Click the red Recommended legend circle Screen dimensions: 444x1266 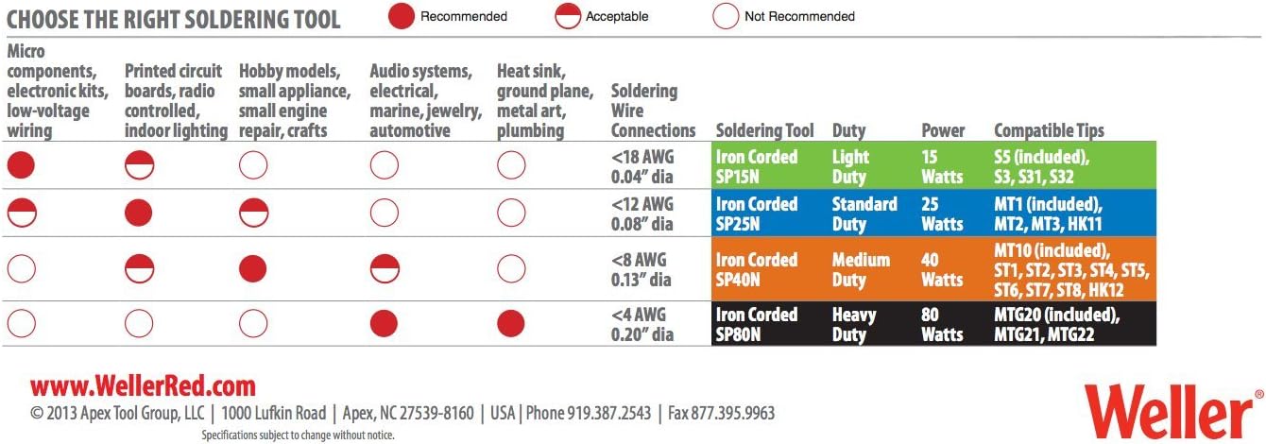point(402,16)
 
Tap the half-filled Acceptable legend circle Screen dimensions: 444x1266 point(568,16)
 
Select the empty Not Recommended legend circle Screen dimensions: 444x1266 point(726,16)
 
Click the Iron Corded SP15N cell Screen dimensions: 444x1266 point(757,166)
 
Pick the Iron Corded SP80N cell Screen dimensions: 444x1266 point(757,324)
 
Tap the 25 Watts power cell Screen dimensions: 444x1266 point(942,213)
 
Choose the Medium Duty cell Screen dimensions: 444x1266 point(861,269)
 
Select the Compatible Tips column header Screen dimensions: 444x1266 point(1049,130)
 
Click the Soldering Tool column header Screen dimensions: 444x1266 point(763,130)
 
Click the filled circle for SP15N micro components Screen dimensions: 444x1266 point(21,166)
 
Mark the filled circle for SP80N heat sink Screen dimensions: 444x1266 point(511,324)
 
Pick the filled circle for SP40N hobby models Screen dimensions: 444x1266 point(253,268)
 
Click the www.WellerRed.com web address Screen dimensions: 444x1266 point(143,385)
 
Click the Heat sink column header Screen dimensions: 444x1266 point(544,100)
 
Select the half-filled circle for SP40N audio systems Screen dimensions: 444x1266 point(384,268)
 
